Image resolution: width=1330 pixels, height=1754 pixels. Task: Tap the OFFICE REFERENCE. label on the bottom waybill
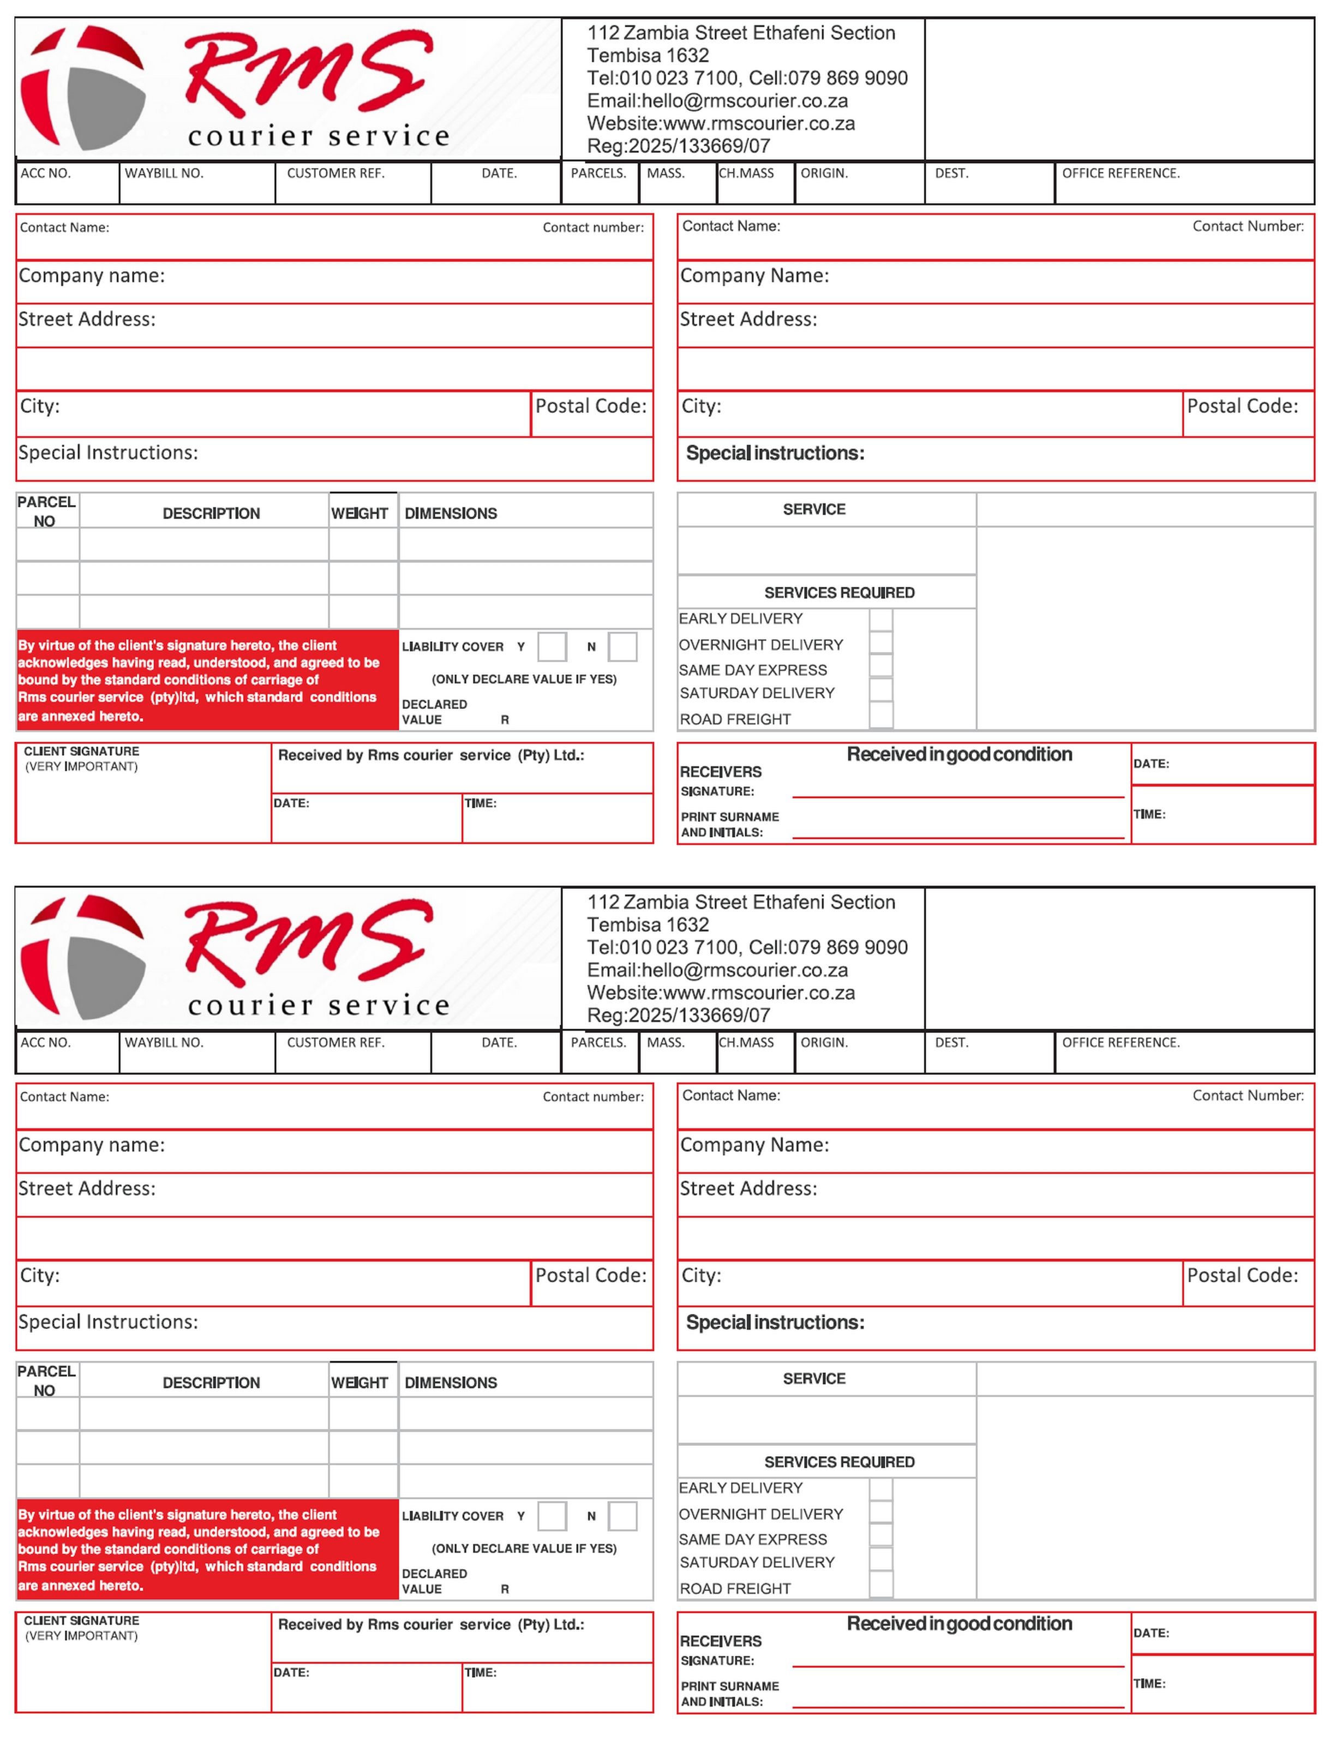[x=1120, y=1042]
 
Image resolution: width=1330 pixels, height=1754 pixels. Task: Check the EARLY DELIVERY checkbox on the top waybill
[x=880, y=619]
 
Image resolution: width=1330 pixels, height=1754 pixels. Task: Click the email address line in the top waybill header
[x=717, y=101]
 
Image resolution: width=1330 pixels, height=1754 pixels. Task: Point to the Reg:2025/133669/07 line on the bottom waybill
[x=678, y=1015]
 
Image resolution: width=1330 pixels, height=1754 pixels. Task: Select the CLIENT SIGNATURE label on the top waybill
[x=82, y=751]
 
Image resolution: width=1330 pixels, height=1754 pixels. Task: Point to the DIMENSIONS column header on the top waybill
[x=451, y=513]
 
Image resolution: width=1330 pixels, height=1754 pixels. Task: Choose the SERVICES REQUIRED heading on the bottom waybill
[x=839, y=1462]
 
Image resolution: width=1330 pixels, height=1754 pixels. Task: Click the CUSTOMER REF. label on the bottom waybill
[x=336, y=1042]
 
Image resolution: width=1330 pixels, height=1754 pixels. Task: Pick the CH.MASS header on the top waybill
[x=746, y=173]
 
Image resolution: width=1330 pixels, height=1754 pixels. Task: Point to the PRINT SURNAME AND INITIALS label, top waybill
[x=729, y=824]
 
